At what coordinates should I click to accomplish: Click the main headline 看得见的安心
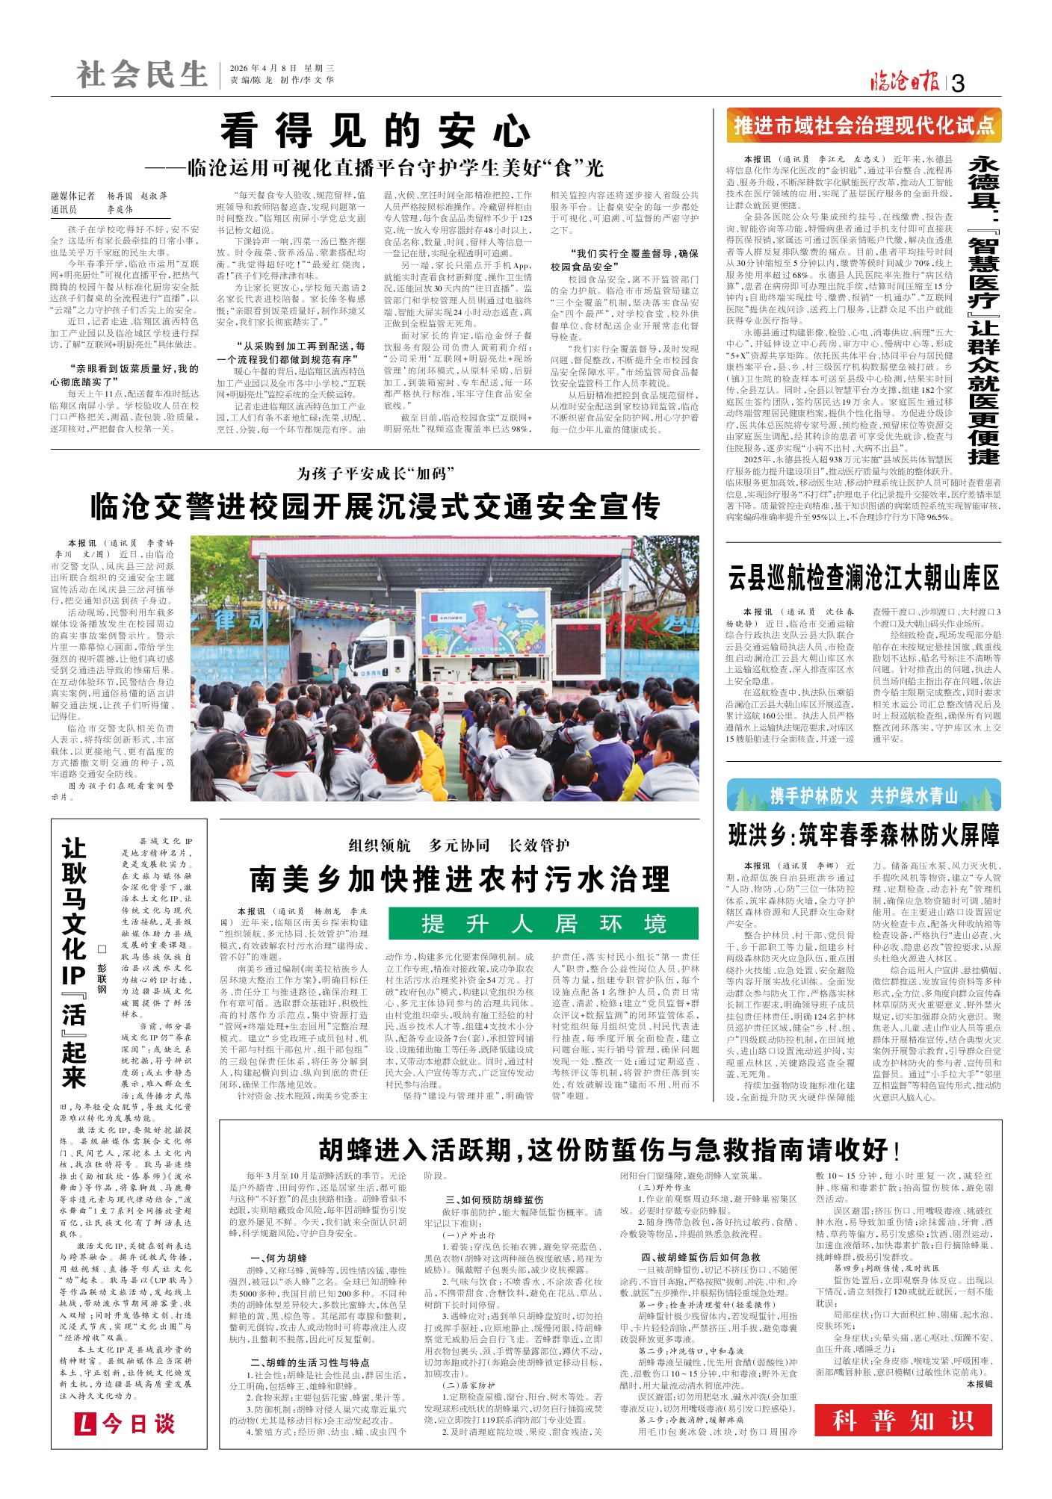(375, 131)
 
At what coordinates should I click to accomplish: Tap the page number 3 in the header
(959, 84)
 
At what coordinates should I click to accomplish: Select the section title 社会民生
(142, 75)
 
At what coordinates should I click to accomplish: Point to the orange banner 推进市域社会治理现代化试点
(864, 125)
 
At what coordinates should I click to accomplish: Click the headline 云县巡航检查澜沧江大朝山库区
(864, 577)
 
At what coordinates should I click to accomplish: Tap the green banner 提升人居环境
(543, 924)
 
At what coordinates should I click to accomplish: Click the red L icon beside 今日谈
(86, 1424)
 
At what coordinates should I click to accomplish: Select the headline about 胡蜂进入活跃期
(610, 1150)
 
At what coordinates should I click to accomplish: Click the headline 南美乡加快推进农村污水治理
(460, 879)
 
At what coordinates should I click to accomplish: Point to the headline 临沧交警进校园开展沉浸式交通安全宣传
(375, 507)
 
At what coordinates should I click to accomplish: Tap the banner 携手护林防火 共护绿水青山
(864, 796)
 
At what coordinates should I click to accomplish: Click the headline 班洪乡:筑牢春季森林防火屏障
(864, 835)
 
